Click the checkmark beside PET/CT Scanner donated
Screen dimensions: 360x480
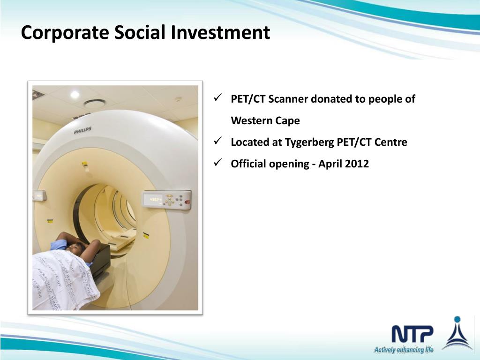pyautogui.click(x=217, y=99)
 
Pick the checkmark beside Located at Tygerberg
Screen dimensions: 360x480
pyautogui.click(x=217, y=142)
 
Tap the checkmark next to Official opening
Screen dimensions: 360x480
pyautogui.click(x=217, y=163)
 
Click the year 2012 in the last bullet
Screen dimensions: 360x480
pyautogui.click(x=357, y=164)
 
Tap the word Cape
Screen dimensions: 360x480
pyautogui.click(x=288, y=121)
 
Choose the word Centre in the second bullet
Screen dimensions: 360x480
pyautogui.click(x=391, y=142)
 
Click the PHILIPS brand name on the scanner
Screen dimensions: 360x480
pyautogui.click(x=82, y=130)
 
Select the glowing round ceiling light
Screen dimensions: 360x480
pyautogui.click(x=75, y=95)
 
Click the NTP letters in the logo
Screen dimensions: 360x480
pyautogui.click(x=412, y=334)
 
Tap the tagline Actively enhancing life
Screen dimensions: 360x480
pyautogui.click(x=403, y=350)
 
